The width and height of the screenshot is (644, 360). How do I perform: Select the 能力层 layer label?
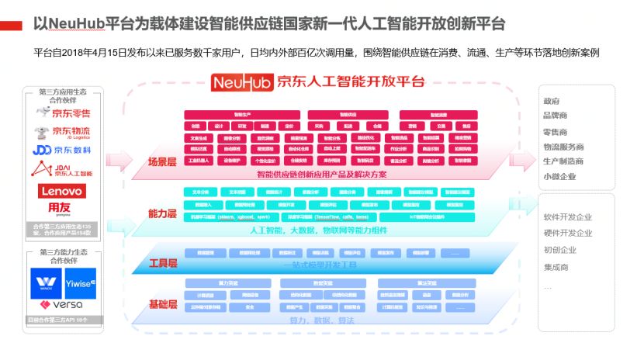[163, 213]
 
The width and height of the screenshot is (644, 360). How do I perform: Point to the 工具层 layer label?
[163, 263]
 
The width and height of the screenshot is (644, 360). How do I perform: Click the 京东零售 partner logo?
[63, 113]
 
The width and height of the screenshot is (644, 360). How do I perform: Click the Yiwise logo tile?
[80, 282]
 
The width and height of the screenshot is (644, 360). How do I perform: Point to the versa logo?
[63, 305]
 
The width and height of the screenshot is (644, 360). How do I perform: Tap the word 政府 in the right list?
[552, 102]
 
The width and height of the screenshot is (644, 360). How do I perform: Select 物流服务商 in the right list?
[564, 147]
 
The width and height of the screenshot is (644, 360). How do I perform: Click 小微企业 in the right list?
[560, 176]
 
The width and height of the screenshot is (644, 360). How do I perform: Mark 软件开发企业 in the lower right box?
[568, 217]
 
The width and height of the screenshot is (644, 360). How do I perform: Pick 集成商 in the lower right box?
[556, 267]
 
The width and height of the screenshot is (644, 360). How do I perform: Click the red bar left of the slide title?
[12, 26]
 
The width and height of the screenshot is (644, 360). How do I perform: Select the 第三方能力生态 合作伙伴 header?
[63, 257]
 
